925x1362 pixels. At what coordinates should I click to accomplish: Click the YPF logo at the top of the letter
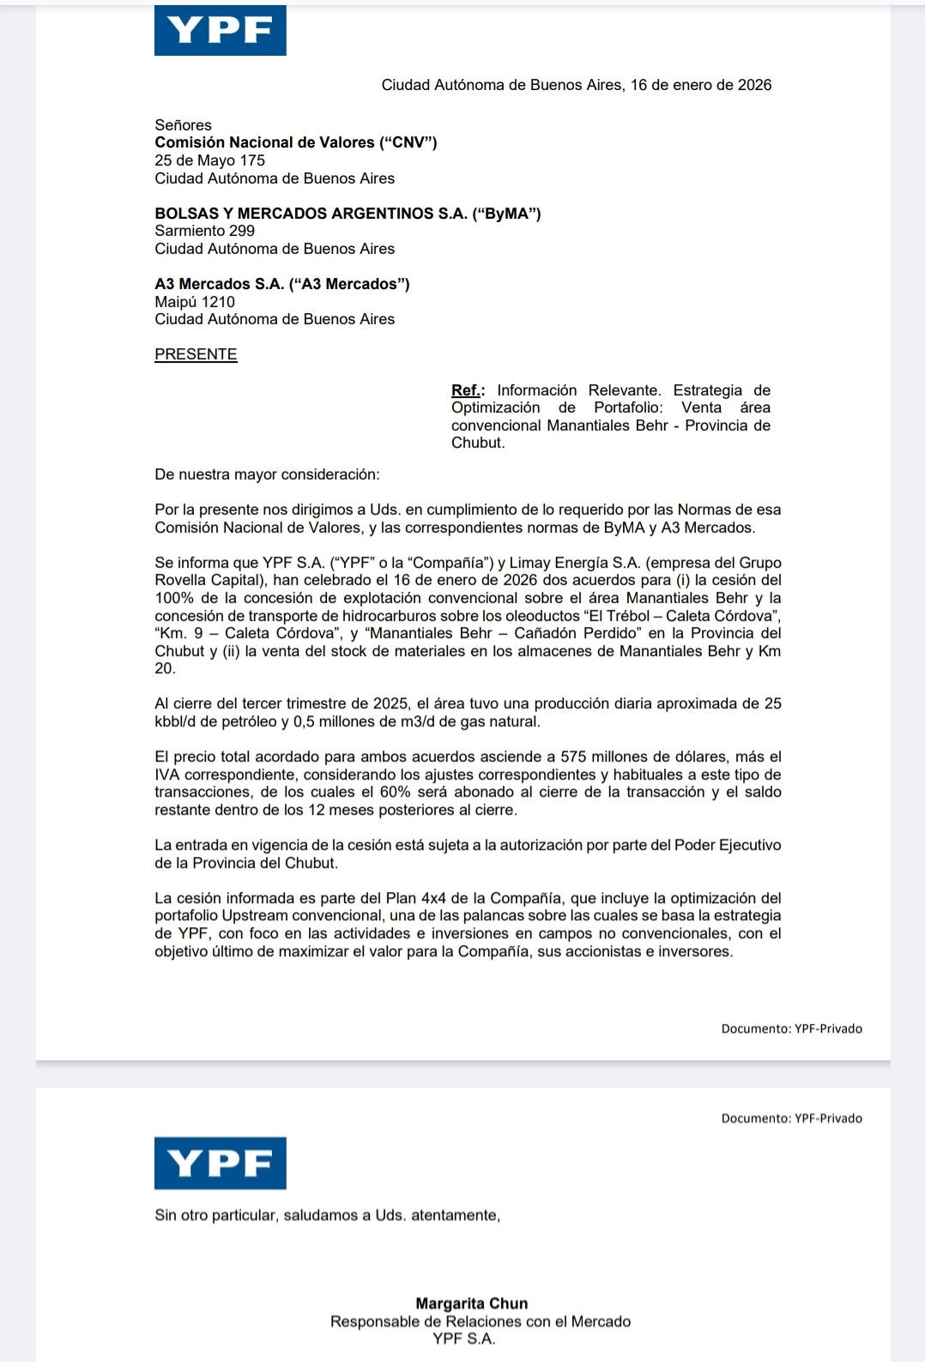point(221,31)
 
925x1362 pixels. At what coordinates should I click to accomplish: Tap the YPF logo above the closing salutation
point(221,1163)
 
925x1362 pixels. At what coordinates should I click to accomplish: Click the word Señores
point(183,125)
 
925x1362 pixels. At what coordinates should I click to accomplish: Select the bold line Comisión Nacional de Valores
point(296,142)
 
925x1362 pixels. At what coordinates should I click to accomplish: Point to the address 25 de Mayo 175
point(209,160)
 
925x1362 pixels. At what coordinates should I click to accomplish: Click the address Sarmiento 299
point(204,231)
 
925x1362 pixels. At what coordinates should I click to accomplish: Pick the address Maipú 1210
point(195,302)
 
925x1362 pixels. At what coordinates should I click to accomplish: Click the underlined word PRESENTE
point(196,354)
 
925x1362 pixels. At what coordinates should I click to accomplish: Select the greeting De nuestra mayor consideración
point(267,474)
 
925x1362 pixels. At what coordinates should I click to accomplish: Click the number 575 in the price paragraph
point(574,756)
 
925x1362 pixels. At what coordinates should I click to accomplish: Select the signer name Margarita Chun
point(472,1304)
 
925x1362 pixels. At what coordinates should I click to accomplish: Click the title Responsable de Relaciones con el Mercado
point(481,1322)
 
